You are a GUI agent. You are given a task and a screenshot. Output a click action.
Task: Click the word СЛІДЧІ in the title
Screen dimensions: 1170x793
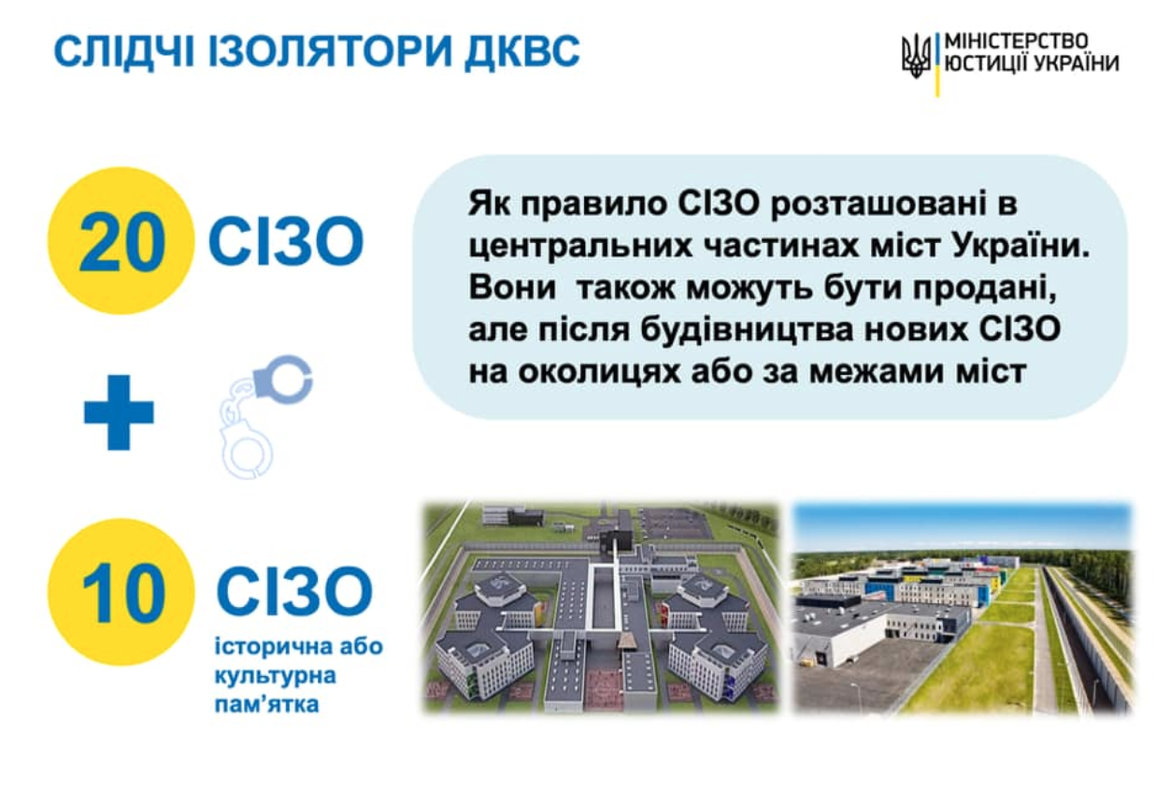[124, 51]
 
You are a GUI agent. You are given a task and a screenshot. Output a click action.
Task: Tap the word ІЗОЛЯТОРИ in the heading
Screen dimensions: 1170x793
[330, 51]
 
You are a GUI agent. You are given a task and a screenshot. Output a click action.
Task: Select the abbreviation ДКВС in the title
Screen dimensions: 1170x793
[522, 52]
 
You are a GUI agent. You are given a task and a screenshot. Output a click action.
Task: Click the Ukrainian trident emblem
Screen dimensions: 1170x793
[916, 56]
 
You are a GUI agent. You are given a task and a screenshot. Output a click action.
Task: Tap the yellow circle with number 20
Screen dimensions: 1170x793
[121, 241]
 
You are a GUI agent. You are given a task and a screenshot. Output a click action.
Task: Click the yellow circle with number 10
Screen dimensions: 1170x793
[121, 592]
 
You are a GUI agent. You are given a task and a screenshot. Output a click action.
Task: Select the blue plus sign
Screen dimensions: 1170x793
[119, 411]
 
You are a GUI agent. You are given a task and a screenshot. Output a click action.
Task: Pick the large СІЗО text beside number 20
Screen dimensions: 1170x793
[286, 241]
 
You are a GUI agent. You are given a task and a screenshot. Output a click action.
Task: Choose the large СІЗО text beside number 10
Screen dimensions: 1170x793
[294, 591]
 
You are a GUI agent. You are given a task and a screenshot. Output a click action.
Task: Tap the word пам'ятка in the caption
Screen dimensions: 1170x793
[267, 704]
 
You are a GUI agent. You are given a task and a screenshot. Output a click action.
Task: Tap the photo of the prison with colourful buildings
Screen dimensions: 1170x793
[963, 608]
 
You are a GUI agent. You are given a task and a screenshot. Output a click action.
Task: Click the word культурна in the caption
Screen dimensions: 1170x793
[276, 676]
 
